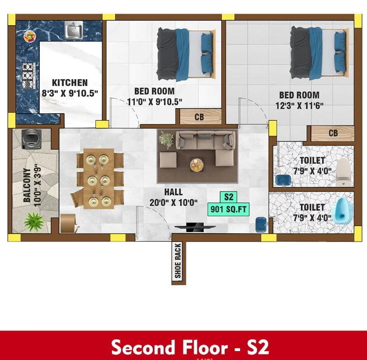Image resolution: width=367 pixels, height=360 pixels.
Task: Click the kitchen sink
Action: (x=73, y=30)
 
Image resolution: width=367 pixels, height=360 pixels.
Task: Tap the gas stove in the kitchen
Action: (x=29, y=76)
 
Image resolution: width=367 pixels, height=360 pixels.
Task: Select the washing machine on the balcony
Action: (x=32, y=139)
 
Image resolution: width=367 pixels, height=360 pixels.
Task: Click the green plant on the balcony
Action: (x=34, y=221)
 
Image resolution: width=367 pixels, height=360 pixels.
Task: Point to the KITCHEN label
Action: (x=70, y=83)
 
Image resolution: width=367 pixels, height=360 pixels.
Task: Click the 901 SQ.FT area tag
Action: (x=228, y=209)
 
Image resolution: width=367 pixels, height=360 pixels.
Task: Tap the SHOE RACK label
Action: (x=178, y=260)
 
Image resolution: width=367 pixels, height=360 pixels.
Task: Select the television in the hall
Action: (x=195, y=227)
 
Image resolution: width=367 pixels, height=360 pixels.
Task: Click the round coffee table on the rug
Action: (x=197, y=165)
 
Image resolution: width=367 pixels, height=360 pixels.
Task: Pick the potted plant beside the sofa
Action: (x=166, y=140)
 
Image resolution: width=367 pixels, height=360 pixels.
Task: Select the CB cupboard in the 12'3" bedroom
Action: (x=332, y=133)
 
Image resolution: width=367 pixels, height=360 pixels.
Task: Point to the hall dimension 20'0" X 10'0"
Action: (x=173, y=202)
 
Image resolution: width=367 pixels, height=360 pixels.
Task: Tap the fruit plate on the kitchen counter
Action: (x=30, y=37)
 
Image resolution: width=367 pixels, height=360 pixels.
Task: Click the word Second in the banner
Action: (x=143, y=347)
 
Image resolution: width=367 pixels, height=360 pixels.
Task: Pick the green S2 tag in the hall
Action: (x=228, y=198)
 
